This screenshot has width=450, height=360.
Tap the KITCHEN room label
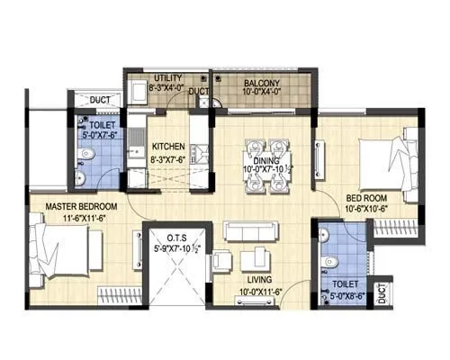click(168, 146)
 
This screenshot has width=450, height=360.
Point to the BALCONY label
click(261, 84)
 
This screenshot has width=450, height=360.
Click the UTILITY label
click(168, 78)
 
